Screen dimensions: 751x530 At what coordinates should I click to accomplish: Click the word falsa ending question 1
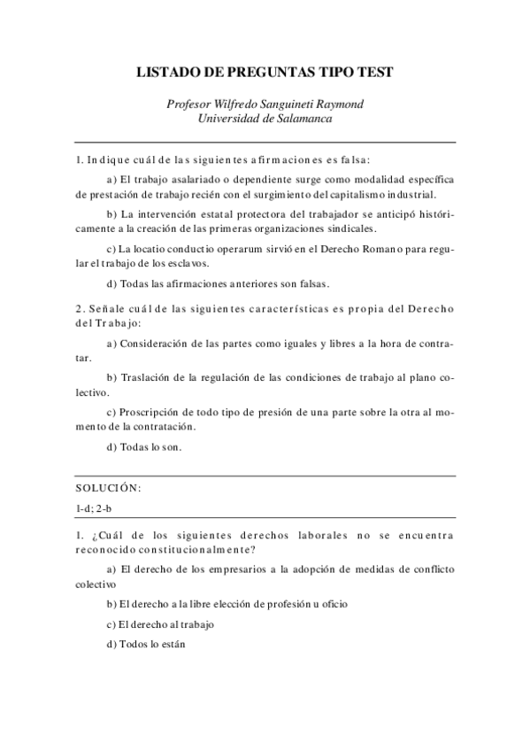pos(355,160)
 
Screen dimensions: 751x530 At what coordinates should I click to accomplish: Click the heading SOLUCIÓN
pos(108,488)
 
